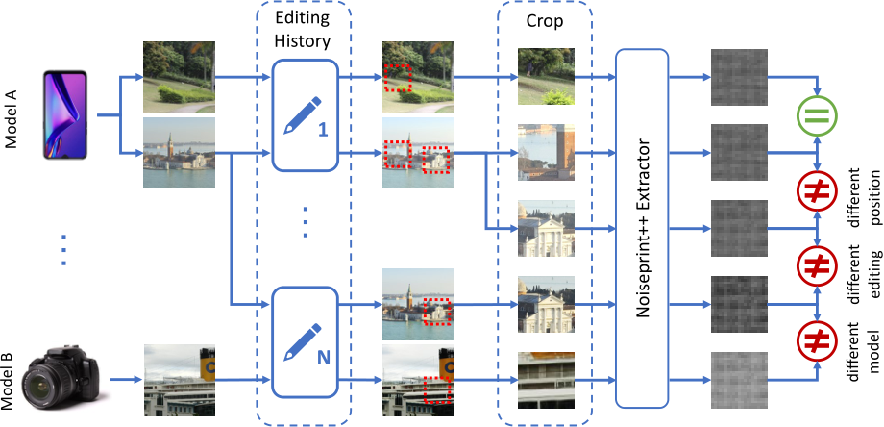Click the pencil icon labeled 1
tap(304, 113)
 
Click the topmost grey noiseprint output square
tap(739, 71)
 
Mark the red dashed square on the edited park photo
tap(398, 79)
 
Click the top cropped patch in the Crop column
tap(545, 75)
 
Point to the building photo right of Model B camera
tap(179, 379)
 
